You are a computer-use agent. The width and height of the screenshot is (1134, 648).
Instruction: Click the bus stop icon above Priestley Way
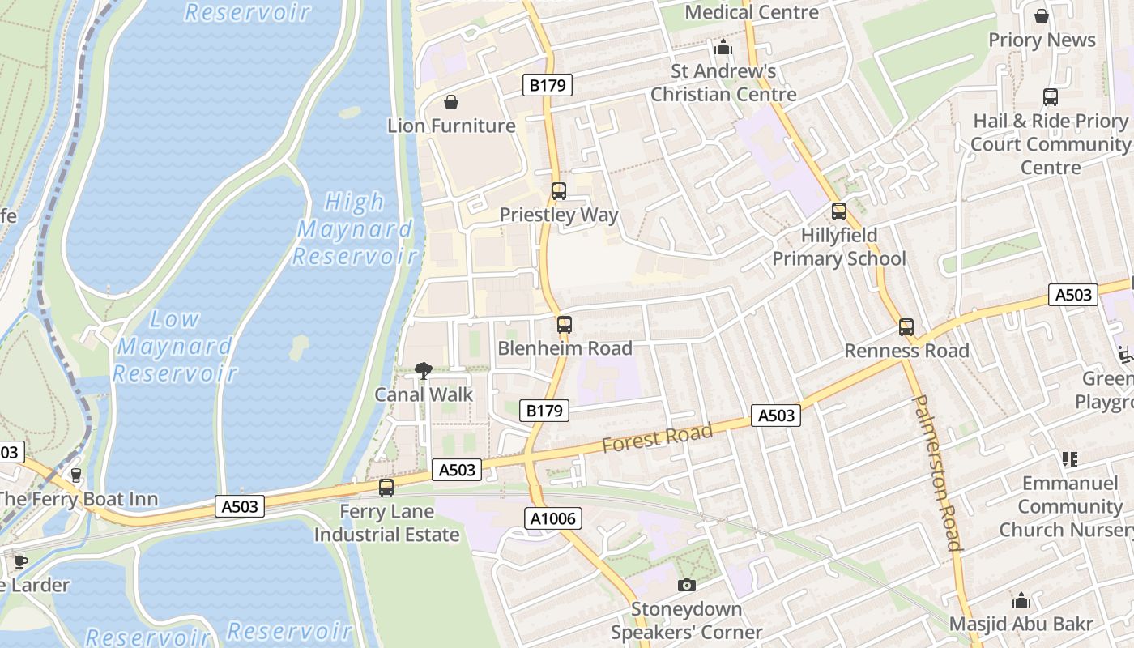click(559, 191)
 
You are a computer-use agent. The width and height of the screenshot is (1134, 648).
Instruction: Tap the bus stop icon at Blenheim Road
click(565, 325)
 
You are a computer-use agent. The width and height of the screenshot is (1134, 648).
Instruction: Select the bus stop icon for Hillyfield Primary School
click(839, 211)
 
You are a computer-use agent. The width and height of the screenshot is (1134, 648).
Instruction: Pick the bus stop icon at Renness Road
click(906, 327)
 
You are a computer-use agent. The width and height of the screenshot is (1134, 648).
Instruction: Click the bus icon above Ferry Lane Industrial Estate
click(386, 488)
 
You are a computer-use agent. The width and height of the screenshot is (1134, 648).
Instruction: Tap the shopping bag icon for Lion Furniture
click(451, 102)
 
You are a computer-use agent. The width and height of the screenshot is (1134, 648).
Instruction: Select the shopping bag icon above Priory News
click(1042, 16)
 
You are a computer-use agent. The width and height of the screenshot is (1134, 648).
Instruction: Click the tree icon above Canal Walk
click(423, 371)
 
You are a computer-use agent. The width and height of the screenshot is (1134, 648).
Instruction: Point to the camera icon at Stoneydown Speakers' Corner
click(686, 585)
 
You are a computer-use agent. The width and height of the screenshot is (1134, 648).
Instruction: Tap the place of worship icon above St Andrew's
click(723, 48)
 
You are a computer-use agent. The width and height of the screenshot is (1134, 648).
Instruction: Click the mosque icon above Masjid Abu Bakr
click(1021, 600)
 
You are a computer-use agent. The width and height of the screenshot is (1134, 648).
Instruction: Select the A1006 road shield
click(554, 518)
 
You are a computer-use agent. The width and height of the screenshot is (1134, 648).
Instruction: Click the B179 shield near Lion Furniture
click(548, 85)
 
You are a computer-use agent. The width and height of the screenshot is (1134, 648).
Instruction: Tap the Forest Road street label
click(657, 438)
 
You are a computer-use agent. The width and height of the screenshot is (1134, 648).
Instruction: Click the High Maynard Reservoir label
click(354, 229)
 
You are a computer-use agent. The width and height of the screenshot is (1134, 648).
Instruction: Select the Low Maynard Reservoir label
click(175, 346)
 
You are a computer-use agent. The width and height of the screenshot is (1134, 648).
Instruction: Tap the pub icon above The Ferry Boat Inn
click(76, 475)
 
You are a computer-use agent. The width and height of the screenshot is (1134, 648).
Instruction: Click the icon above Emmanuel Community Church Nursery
click(1070, 459)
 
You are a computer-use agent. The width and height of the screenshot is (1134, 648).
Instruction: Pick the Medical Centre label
click(752, 12)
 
